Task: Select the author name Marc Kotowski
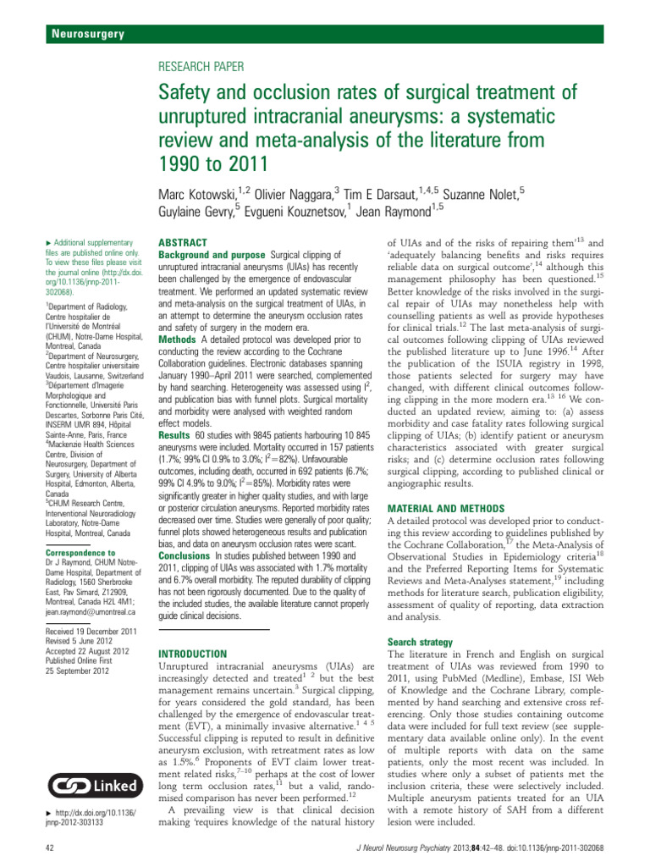(x=200, y=196)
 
